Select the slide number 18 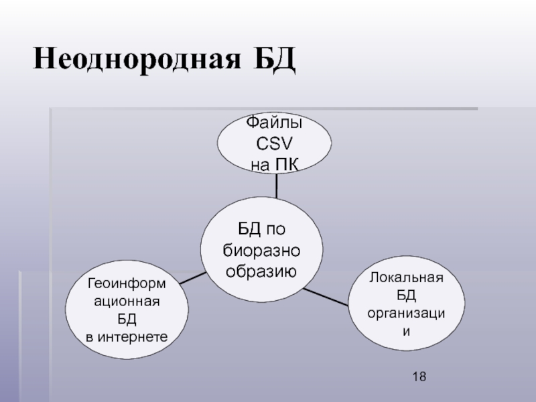click(x=420, y=377)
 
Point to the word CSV click(x=274, y=143)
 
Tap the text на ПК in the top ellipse click(x=274, y=163)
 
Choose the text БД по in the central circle click(x=262, y=230)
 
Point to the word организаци click(x=407, y=312)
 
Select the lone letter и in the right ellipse click(x=406, y=329)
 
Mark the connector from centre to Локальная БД click(x=326, y=297)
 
